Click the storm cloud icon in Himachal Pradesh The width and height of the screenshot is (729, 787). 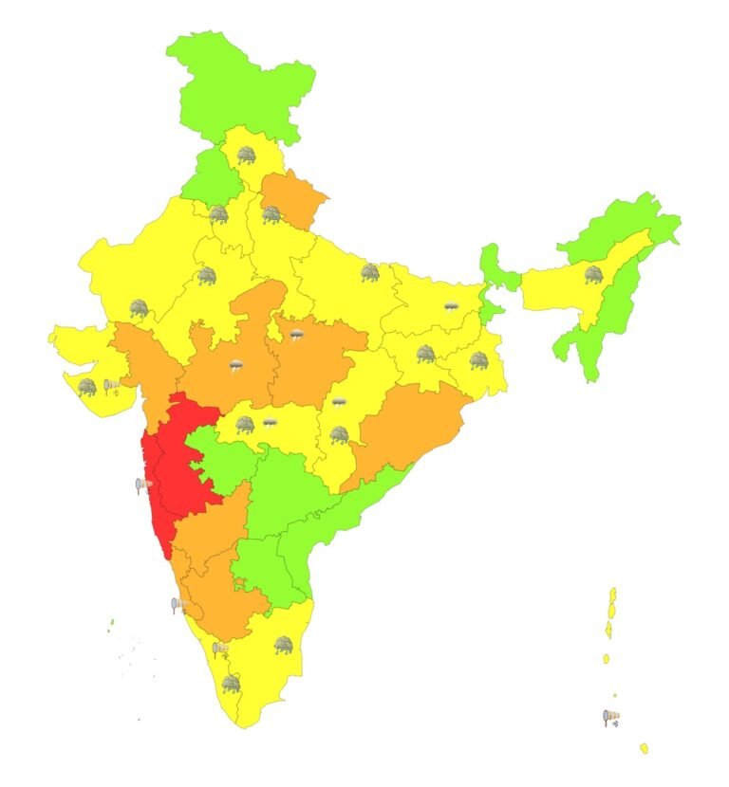point(247,155)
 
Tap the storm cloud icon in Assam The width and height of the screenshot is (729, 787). point(593,275)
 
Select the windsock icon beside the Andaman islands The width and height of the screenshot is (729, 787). point(611,718)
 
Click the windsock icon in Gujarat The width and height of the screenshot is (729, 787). point(112,385)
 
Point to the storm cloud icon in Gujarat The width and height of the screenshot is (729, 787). point(87,387)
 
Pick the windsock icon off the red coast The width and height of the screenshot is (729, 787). point(143,486)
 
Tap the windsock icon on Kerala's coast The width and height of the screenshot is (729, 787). point(219,650)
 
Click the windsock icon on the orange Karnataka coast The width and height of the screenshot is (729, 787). point(178,604)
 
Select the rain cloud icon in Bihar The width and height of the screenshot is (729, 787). point(452,307)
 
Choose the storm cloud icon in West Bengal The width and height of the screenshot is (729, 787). point(478,360)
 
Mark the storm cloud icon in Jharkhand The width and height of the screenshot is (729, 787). point(425,354)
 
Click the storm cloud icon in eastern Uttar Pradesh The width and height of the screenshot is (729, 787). point(369,273)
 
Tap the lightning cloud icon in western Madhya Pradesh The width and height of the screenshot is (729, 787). point(236,365)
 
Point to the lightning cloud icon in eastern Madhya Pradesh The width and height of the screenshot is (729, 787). point(297,335)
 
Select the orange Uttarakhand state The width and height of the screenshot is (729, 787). point(294,199)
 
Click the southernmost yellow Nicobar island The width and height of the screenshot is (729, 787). point(644,748)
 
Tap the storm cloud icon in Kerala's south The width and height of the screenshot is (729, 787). point(231,684)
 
